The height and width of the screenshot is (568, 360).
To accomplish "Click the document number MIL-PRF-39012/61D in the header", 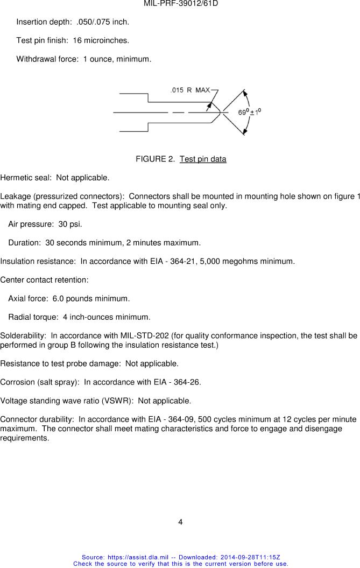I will tap(180, 4).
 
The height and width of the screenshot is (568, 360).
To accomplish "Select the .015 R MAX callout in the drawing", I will tap(190, 90).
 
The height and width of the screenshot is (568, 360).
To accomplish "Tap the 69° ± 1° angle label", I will tap(250, 112).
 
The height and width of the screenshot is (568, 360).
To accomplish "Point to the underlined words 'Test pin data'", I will tap(203, 159).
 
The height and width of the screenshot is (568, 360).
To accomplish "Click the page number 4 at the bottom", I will tap(180, 522).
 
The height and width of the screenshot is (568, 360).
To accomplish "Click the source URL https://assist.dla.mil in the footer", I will tap(138, 557).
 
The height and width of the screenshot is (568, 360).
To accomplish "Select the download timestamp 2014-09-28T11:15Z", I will tap(250, 557).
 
